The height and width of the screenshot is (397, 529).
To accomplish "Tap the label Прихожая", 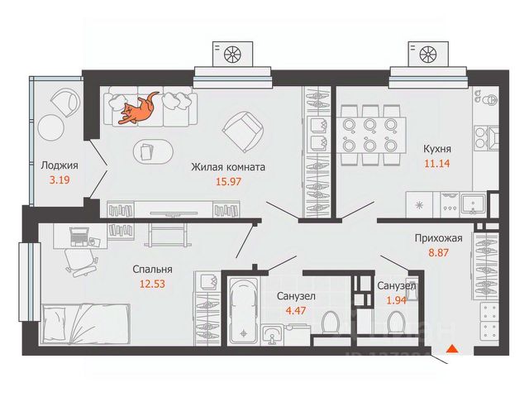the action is pos(437,236).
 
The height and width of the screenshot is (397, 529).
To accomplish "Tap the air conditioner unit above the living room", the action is pos(231,55).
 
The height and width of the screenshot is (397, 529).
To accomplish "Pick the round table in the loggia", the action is pos(52,128).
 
